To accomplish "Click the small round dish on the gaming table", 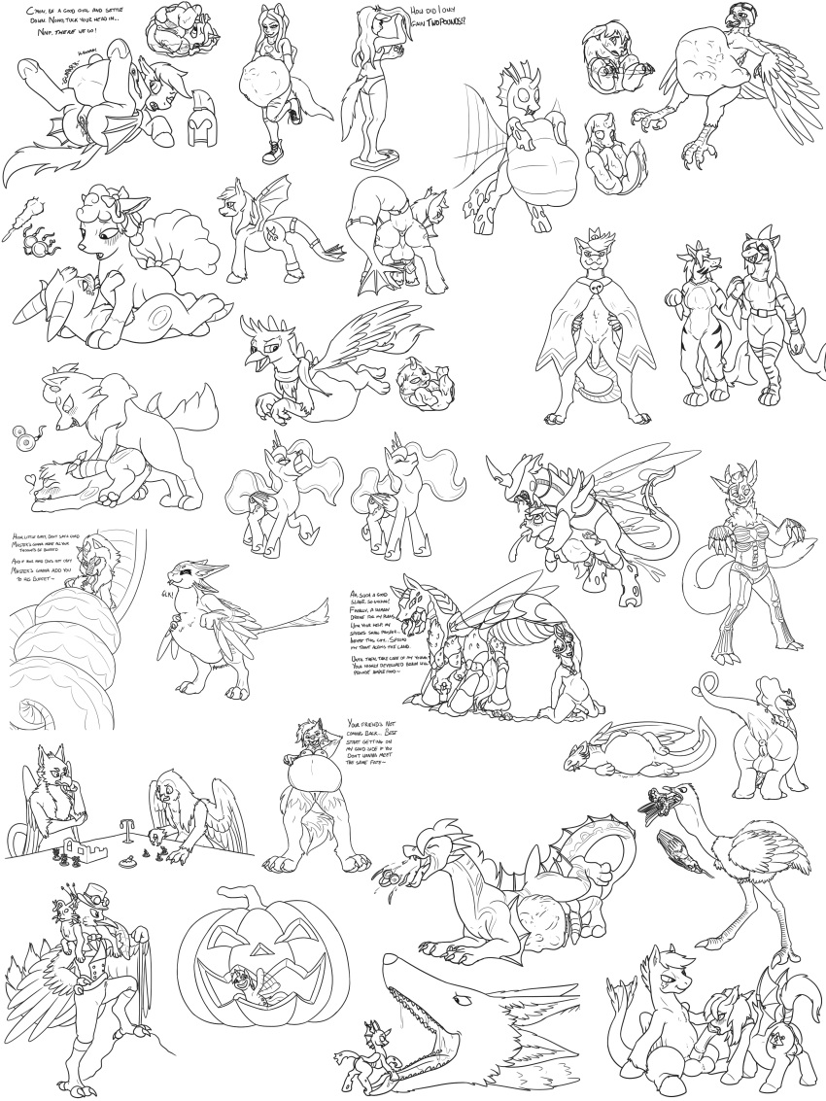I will point(126,859).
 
